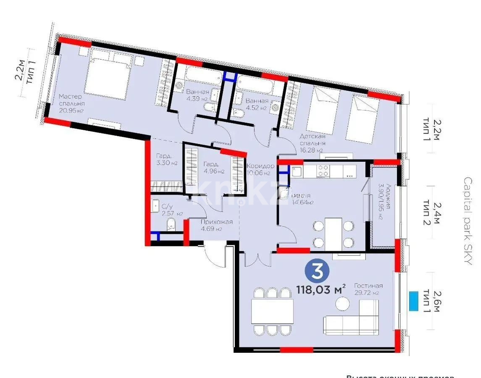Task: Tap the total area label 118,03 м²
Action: [321, 289]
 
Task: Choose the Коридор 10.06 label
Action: [260, 169]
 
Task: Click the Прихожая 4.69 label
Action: [216, 226]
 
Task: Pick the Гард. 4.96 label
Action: [213, 168]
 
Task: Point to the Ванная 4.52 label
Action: [257, 104]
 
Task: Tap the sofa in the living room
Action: [351, 319]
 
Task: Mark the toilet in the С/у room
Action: [171, 224]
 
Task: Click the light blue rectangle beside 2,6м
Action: [414, 301]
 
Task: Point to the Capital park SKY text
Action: [468, 220]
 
